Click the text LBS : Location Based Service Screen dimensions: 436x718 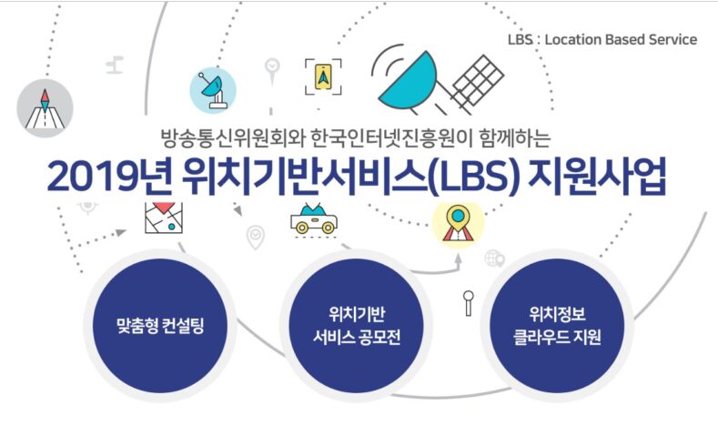point(602,39)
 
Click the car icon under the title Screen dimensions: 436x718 point(314,220)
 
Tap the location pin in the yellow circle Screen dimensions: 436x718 point(458,225)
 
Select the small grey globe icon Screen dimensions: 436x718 point(494,258)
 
